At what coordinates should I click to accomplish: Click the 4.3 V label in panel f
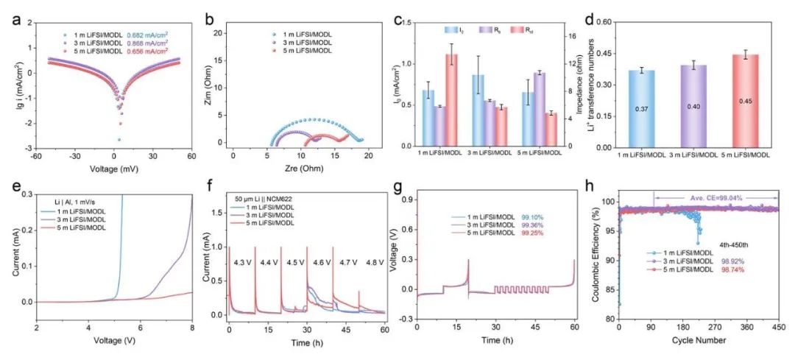click(x=244, y=262)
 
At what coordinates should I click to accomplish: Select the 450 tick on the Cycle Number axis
click(x=778, y=328)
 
